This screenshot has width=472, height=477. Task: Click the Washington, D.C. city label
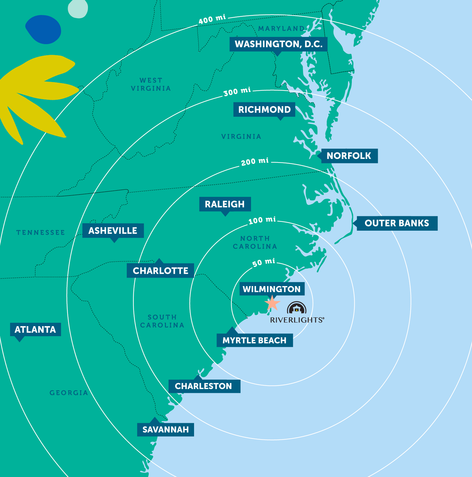point(278,44)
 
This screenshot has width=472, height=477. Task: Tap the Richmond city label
point(264,110)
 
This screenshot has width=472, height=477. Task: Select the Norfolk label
point(349,156)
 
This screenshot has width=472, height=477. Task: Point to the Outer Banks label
point(397,223)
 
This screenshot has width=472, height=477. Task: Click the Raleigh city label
point(225,204)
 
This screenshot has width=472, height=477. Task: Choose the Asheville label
point(113,231)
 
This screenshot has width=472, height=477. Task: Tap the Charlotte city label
point(160,271)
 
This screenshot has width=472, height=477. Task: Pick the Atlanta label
point(35,330)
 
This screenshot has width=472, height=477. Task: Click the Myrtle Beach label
point(254,340)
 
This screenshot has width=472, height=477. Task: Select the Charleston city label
point(203,386)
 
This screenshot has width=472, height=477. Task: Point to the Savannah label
point(166,429)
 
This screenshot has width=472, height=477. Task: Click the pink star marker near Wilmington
point(272,303)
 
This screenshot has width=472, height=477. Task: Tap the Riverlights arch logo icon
point(296,308)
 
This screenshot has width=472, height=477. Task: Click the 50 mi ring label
point(264,262)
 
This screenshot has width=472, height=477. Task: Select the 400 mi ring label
point(212,19)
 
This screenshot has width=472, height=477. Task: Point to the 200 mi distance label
point(255,162)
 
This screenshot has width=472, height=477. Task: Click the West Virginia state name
point(151,85)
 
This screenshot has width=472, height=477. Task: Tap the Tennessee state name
point(41,233)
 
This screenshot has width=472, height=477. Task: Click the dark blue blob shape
point(44,29)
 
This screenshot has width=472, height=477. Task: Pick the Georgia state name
point(69,393)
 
